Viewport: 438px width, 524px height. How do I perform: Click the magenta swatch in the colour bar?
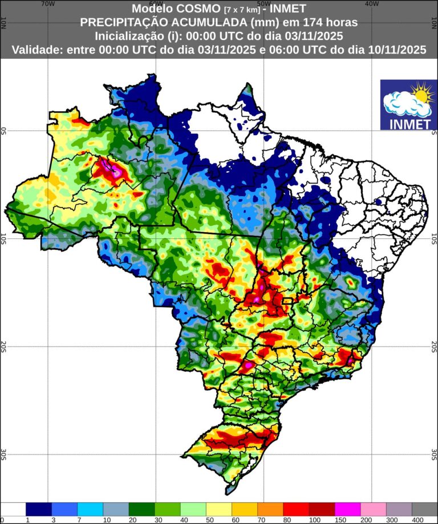pos(347,509)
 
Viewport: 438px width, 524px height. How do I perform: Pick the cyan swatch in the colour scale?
pos(90,509)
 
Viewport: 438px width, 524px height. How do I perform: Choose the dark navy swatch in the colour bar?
pos(39,509)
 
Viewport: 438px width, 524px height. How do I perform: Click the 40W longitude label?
pos(371,3)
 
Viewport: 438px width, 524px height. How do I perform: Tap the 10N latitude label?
pos(4,23)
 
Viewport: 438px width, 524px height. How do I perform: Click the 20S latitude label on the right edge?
pos(434,346)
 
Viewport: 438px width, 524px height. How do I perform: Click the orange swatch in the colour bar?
pos(270,509)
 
